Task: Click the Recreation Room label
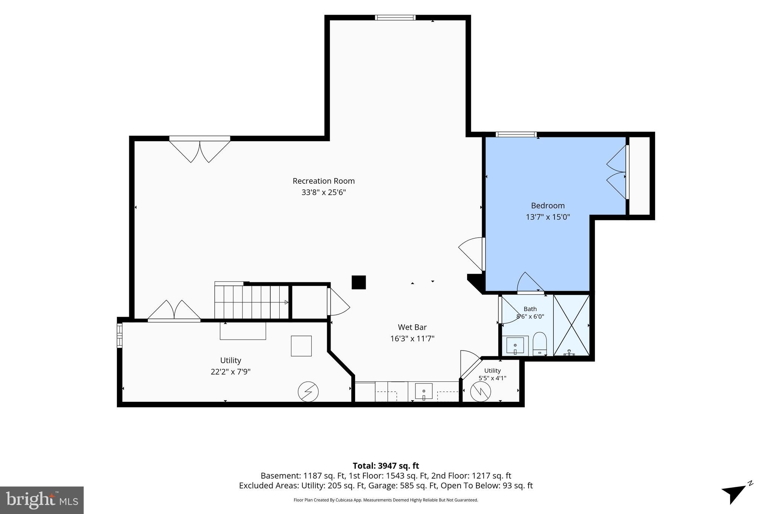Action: [323, 181]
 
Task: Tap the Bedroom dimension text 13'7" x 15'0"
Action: [548, 217]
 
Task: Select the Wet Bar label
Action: [412, 327]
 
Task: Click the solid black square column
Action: [358, 282]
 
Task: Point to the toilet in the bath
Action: [540, 343]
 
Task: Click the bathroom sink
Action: [515, 346]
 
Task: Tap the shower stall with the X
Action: [571, 325]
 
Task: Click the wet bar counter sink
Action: [424, 391]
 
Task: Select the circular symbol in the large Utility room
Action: [308, 392]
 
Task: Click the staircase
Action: [252, 301]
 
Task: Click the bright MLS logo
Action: [42, 500]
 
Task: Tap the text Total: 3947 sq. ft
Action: [386, 466]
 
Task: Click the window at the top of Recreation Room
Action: [395, 17]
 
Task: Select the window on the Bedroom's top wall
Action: [516, 134]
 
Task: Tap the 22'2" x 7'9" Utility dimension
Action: [231, 372]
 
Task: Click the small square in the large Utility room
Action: [301, 346]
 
